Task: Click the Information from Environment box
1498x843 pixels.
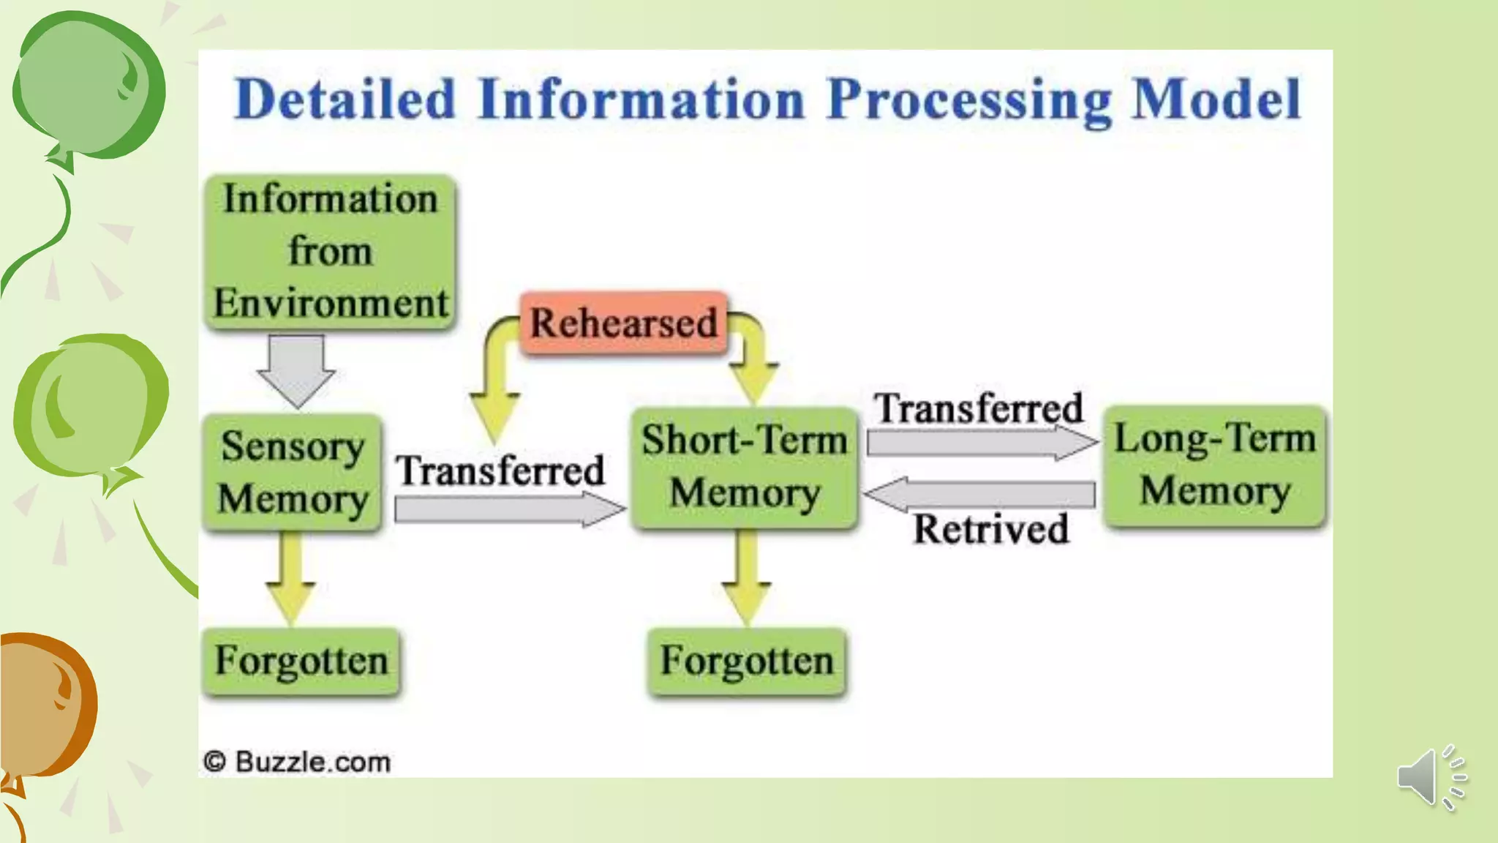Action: click(331, 251)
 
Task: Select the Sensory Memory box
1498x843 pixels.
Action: click(293, 472)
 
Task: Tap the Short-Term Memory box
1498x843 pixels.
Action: click(745, 467)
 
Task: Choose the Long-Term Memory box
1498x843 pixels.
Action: click(1214, 465)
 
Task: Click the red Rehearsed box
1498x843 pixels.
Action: click(624, 323)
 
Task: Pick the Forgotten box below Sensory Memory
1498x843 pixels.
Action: click(301, 661)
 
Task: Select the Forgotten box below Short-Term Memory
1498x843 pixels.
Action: click(747, 661)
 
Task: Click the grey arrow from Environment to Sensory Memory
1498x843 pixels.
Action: click(296, 370)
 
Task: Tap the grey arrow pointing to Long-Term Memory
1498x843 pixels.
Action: click(980, 442)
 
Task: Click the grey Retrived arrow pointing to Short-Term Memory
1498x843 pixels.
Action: click(980, 495)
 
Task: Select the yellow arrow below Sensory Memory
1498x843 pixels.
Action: click(291, 578)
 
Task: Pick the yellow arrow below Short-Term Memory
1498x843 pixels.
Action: click(746, 578)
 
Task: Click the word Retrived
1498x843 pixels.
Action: click(990, 529)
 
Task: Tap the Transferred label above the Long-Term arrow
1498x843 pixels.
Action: click(979, 408)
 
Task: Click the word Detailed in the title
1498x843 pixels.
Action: click(345, 100)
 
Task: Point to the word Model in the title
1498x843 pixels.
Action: click(1216, 100)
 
